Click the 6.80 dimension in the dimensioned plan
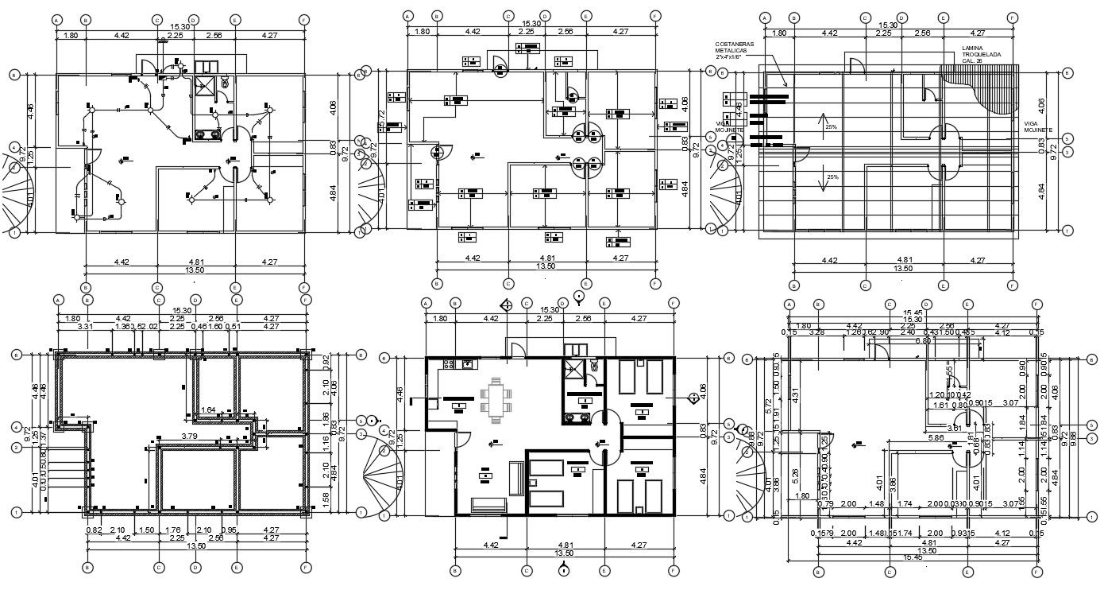point(923,341)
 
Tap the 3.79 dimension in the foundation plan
point(189,436)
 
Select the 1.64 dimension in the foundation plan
point(209,410)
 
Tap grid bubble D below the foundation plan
point(195,567)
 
